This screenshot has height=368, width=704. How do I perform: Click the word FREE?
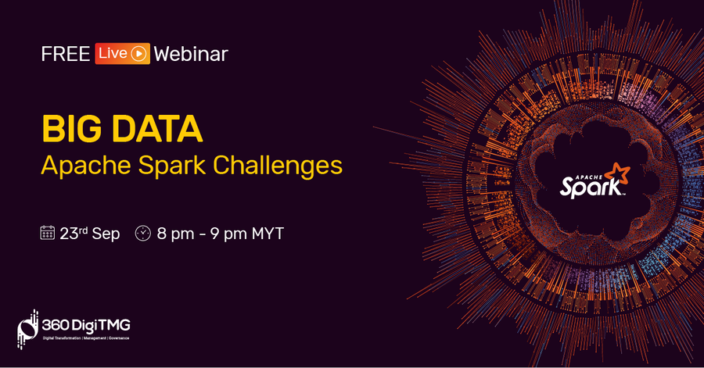coord(66,54)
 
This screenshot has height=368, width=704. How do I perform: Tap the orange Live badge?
coord(122,54)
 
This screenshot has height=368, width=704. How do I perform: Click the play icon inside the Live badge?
coord(139,54)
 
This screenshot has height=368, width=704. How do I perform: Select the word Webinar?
coord(191,54)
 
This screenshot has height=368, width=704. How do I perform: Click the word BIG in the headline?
coord(72,129)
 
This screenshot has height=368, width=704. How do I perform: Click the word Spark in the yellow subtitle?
coord(172,166)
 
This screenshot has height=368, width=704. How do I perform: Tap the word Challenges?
coord(278,166)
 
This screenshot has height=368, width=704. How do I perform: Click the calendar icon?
coord(47,233)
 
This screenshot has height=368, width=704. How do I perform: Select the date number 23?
coord(69,234)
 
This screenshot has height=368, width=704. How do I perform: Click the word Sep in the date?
coord(106,234)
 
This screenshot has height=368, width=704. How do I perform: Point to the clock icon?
coord(143,233)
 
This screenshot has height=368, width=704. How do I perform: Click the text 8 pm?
coord(175,234)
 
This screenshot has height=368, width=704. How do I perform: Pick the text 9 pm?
coord(228,234)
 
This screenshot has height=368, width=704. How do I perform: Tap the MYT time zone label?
coord(268,234)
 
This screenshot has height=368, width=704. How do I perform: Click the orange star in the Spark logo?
coord(618,174)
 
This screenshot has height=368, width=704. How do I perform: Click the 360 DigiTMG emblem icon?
coord(27,329)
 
